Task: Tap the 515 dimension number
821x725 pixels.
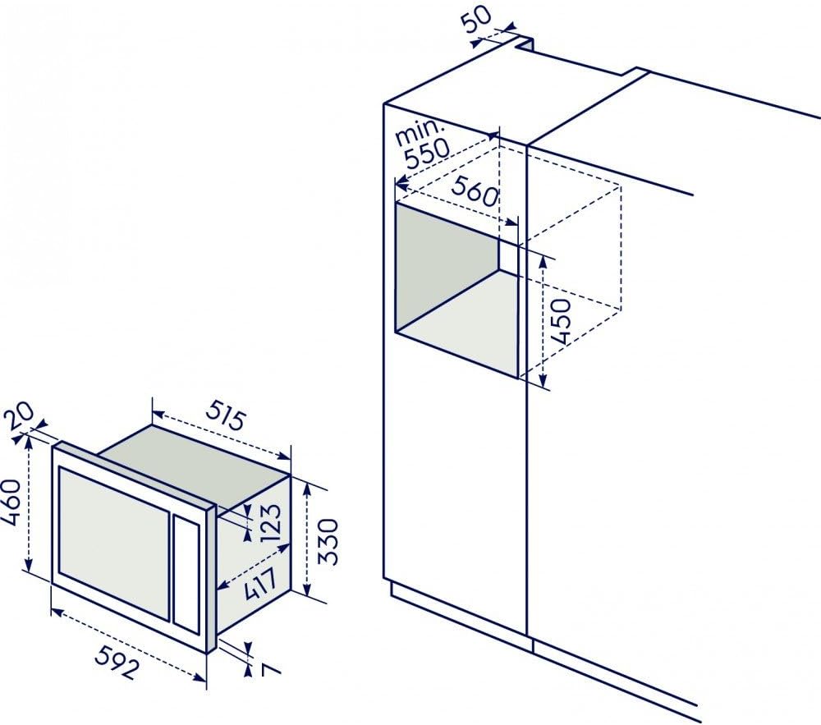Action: (224, 414)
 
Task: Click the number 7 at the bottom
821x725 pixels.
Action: (268, 669)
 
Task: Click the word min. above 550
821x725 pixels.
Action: (420, 132)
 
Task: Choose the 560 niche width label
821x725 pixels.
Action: (475, 190)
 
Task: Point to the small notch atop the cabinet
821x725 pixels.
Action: (525, 44)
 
